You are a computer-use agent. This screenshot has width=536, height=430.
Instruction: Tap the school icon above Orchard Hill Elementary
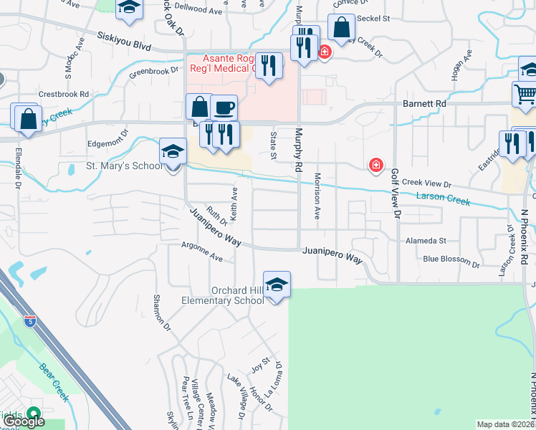point(277,285)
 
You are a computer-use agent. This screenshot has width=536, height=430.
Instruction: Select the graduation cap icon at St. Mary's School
point(172,152)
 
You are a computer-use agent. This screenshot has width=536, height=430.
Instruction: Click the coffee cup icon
point(224,107)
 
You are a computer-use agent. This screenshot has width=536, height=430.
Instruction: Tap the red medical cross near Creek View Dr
point(375,166)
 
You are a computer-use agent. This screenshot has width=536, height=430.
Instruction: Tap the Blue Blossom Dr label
point(451,259)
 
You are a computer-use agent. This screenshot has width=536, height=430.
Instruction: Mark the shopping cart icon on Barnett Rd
point(525,95)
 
